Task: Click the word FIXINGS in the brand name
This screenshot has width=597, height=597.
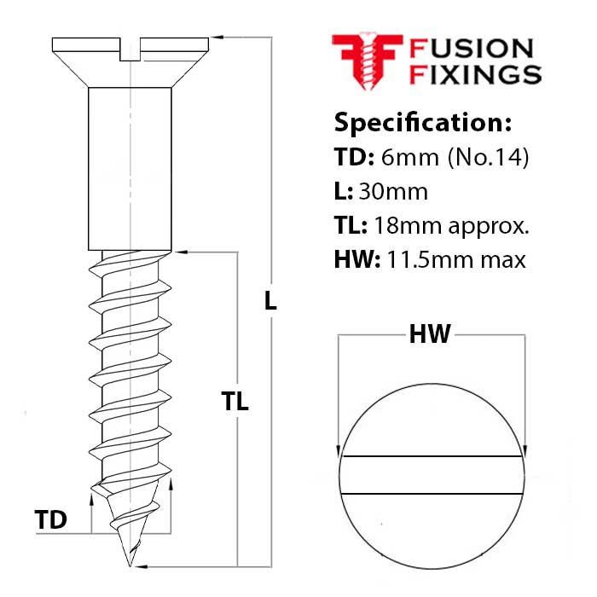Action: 475,74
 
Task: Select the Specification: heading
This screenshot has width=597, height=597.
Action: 422,122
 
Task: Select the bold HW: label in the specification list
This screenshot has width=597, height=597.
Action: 357,258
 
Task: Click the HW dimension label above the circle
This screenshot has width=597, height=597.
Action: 430,335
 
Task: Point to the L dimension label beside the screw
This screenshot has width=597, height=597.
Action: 270,300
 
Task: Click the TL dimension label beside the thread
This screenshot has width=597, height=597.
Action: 235,402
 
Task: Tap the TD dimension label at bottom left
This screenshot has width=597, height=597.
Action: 51,519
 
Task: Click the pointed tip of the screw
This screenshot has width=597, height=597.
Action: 130,562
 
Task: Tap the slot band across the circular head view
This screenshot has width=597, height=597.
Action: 432,475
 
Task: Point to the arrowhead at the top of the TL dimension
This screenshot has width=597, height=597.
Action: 178,252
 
